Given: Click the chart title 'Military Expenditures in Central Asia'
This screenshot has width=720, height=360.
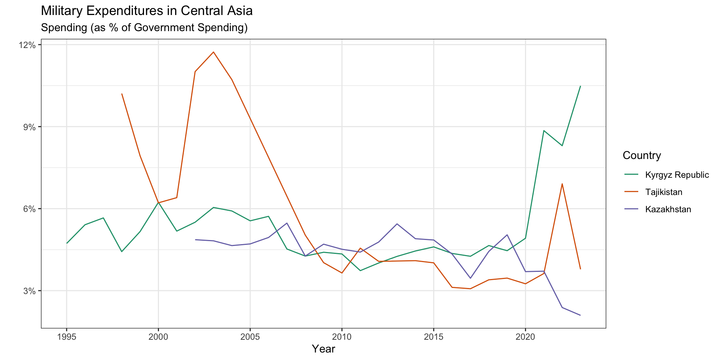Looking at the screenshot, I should [147, 11].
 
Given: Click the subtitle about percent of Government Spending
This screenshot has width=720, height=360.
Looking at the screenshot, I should [144, 28].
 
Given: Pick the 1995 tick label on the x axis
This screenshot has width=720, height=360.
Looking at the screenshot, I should [66, 337].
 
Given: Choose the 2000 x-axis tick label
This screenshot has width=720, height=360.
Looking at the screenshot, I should [158, 337].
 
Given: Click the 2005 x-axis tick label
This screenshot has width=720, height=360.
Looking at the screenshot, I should [250, 337].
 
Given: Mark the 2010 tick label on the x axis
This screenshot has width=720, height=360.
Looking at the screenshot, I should [342, 337].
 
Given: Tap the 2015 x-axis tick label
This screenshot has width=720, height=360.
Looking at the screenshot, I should [433, 337].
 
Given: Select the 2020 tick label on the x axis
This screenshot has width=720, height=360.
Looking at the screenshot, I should [525, 337].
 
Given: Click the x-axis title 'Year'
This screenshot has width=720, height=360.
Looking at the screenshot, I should [323, 349].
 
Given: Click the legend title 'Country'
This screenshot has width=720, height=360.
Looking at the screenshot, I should [642, 155].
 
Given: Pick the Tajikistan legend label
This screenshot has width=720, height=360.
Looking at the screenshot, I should [663, 192].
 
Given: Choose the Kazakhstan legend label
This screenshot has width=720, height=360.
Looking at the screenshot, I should [668, 209].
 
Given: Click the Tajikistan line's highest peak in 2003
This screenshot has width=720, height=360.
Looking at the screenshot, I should [213, 52].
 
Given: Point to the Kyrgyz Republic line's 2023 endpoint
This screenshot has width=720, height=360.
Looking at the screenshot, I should [580, 86].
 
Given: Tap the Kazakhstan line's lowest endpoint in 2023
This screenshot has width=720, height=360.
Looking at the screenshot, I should [580, 315].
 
